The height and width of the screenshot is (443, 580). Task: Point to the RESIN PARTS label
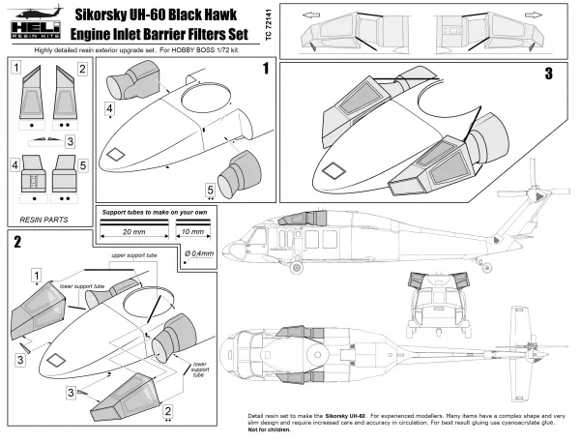[45, 220]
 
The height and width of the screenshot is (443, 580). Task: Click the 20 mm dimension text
[134, 234]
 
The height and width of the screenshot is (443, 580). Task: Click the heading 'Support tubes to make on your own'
[155, 210]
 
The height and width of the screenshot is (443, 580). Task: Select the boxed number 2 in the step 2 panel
[168, 412]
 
